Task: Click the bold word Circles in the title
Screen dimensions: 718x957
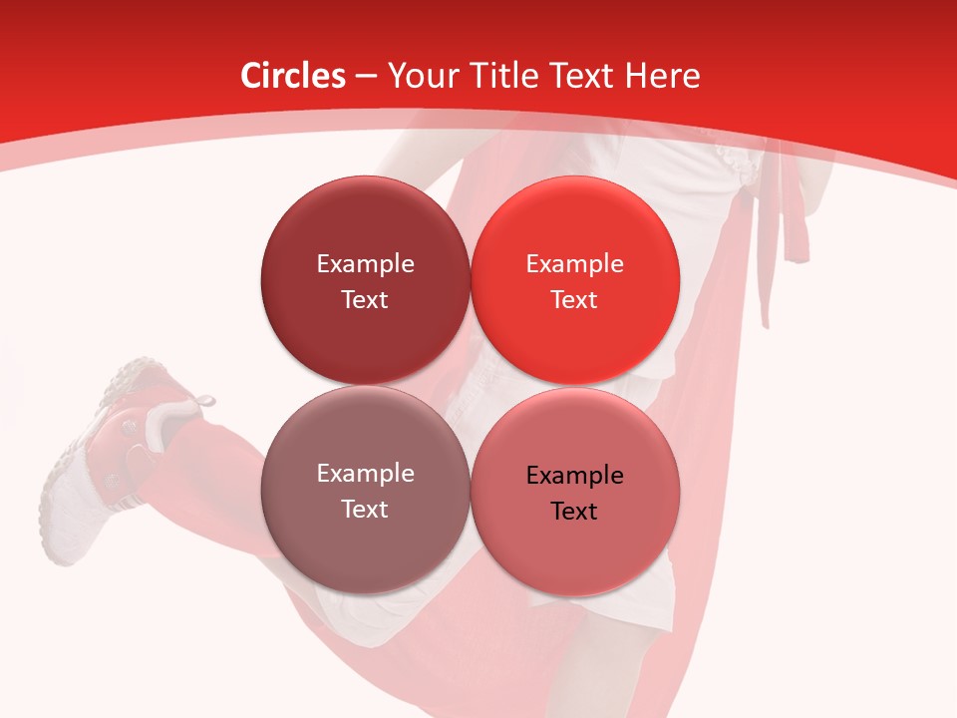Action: pos(293,76)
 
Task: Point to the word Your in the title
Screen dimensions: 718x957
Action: pos(420,76)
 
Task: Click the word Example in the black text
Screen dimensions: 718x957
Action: pos(574,476)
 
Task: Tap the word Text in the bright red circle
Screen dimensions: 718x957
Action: pos(574,300)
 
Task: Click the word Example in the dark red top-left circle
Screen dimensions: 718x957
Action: pos(365,264)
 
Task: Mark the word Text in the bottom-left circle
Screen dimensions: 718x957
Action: pos(365,510)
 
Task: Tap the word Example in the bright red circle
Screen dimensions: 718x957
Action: pos(574,264)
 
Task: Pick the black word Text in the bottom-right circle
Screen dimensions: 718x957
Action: pos(574,512)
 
